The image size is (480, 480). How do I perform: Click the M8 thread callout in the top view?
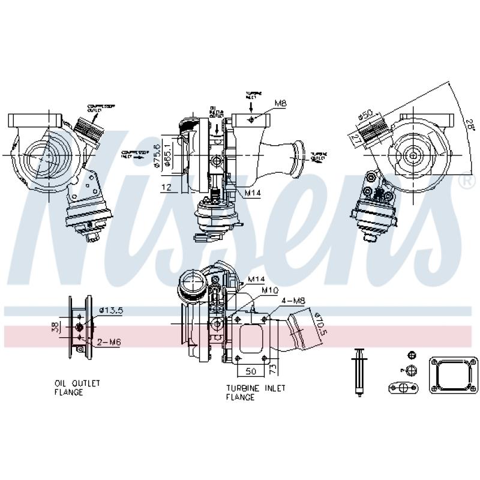pos(281,104)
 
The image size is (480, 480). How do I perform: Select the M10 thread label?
pos(269,290)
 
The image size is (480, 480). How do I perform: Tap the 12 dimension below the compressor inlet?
pos(165,188)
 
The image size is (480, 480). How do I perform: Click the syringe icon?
pos(359,372)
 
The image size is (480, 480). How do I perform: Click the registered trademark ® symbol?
pos(464,179)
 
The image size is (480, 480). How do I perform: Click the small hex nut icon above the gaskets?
pos(411,354)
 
